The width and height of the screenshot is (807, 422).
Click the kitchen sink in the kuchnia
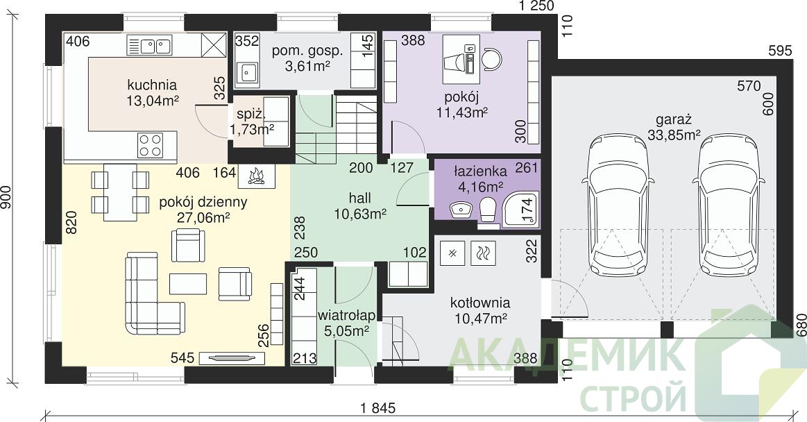[148, 46]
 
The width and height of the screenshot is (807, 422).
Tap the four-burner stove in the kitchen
[151, 144]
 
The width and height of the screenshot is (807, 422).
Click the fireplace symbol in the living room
[256, 176]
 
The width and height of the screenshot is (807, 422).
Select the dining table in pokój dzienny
[120, 192]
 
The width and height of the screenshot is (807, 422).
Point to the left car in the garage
[618, 205]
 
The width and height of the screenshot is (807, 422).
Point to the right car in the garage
[729, 205]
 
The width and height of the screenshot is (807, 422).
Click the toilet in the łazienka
[486, 211]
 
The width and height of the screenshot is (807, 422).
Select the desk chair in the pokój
[491, 58]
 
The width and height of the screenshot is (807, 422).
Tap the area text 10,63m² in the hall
[360, 214]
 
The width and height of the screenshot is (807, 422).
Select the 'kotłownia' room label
[480, 303]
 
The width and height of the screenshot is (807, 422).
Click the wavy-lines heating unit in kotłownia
[483, 253]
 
